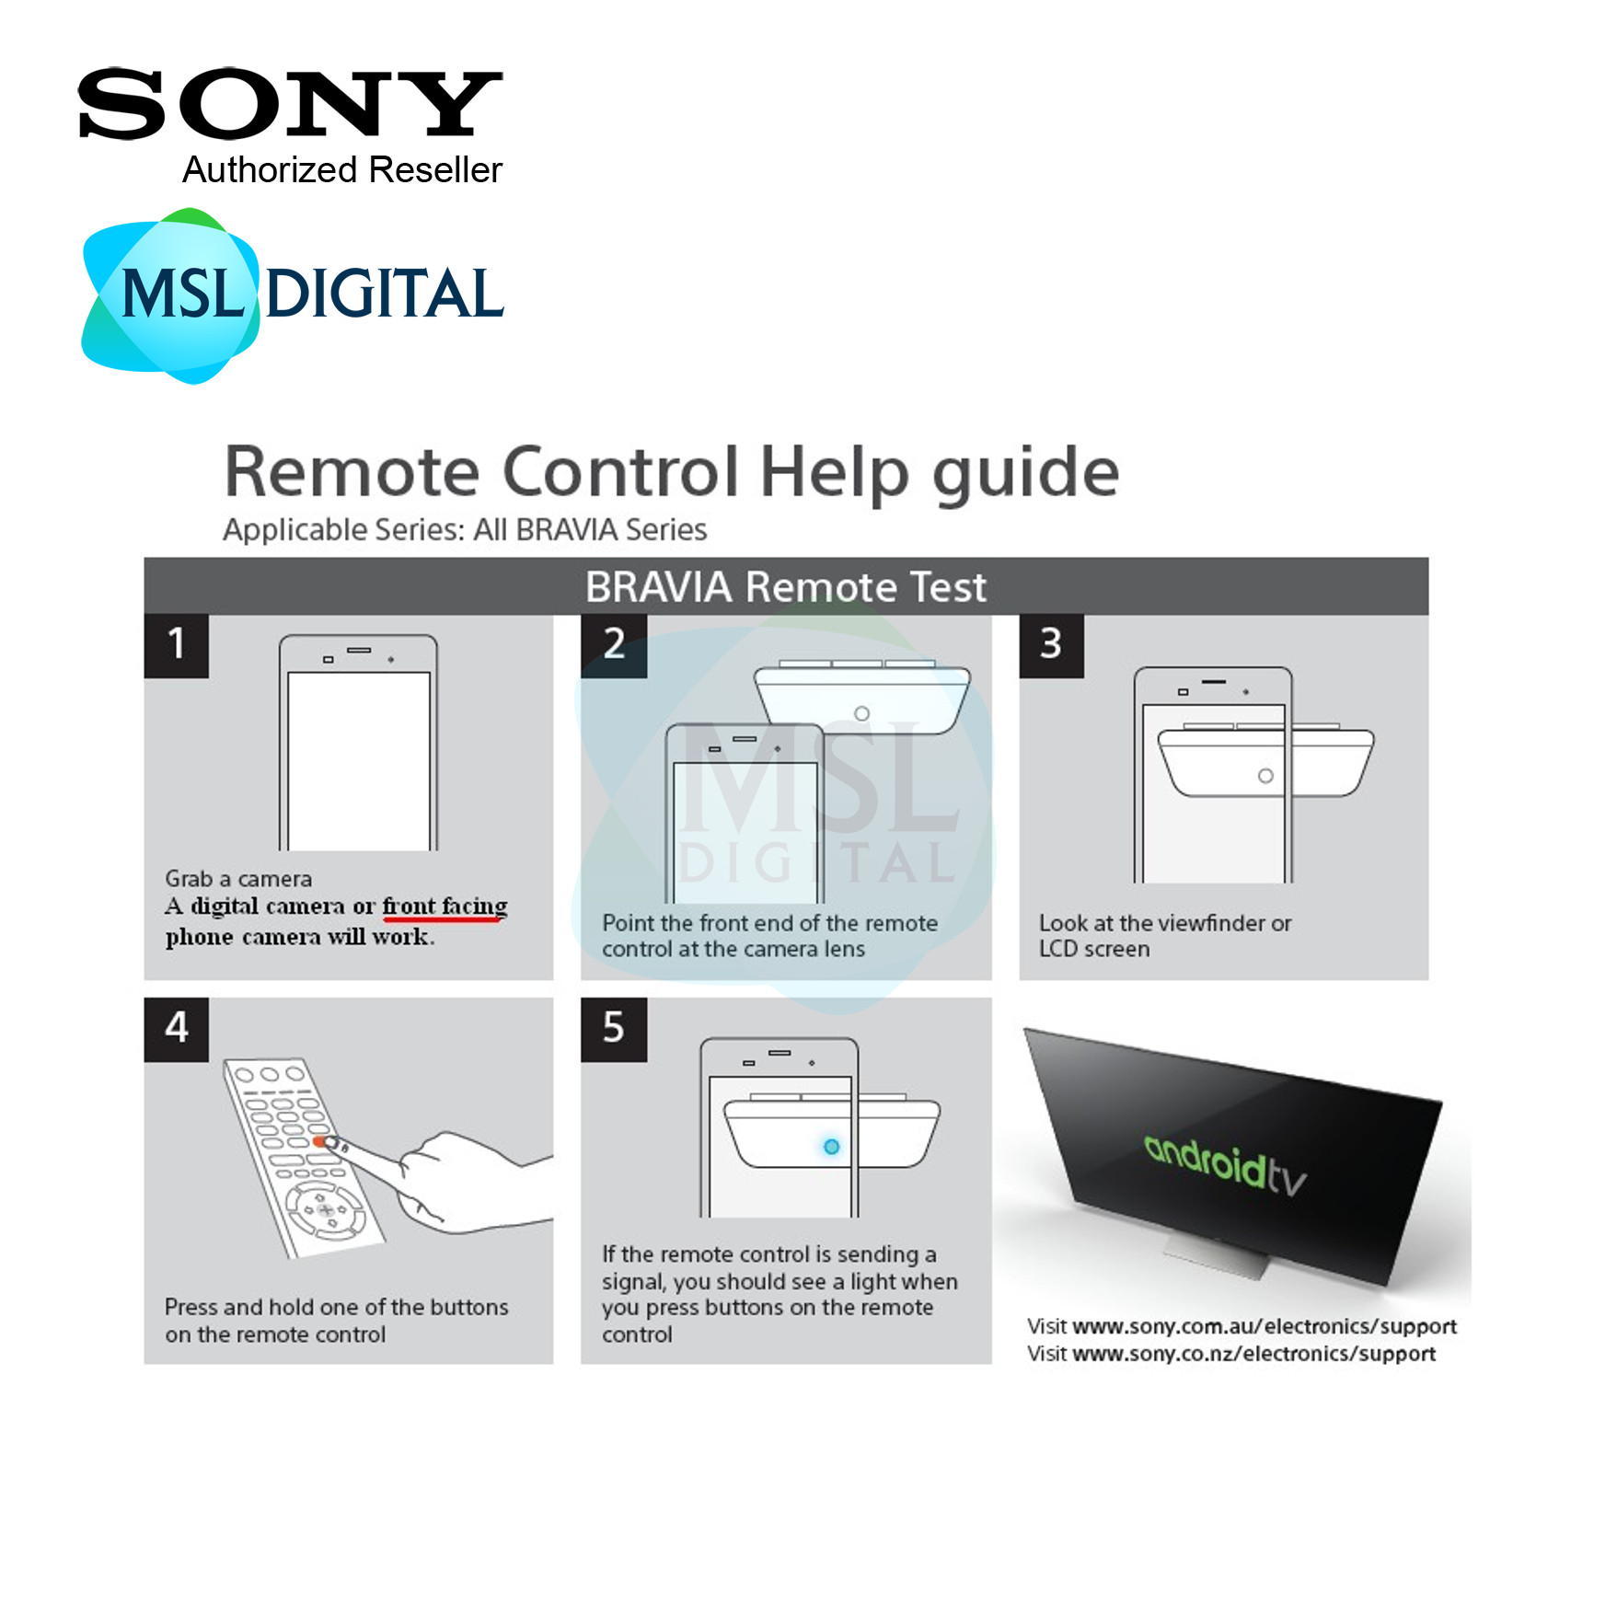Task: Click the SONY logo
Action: click(290, 104)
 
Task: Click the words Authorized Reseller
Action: click(341, 170)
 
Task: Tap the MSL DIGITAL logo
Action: click(293, 295)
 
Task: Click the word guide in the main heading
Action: click(1025, 473)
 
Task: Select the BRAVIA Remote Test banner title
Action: click(785, 587)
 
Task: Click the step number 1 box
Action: click(176, 644)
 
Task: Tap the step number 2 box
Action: click(614, 644)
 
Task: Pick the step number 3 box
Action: click(1050, 644)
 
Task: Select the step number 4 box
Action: click(176, 1028)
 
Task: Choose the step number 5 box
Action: click(614, 1028)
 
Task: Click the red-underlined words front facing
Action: click(445, 907)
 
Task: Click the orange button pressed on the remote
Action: click(319, 1141)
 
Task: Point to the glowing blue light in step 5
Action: click(831, 1147)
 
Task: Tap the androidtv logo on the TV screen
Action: click(1225, 1165)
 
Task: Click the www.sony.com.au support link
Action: click(1265, 1326)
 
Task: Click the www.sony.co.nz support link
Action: click(1253, 1354)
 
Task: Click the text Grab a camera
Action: click(238, 879)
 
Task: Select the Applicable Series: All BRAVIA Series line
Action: click(465, 530)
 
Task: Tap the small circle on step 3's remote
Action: click(1265, 776)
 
